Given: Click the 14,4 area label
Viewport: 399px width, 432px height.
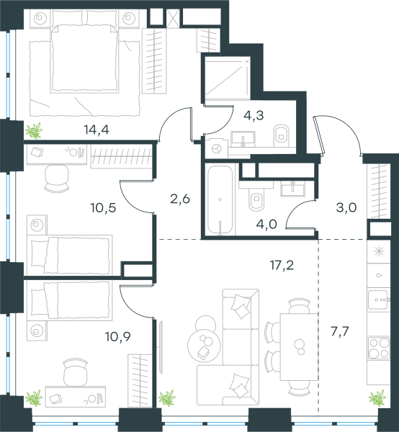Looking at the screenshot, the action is coord(97,129).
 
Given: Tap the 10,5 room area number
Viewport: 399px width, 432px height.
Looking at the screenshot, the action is coord(103,207).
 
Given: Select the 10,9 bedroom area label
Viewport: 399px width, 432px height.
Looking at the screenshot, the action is coord(118,336).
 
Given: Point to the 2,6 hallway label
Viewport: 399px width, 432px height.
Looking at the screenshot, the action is coord(180,199).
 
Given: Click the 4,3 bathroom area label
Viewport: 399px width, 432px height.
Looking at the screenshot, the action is coord(254,115).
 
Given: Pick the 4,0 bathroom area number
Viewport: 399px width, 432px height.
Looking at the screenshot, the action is coord(266,225).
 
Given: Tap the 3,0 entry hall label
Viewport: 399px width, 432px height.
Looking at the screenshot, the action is coord(346,207).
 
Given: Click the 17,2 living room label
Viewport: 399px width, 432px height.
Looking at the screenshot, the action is coord(282,265).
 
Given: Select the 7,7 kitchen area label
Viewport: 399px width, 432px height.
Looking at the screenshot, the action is coord(340,331).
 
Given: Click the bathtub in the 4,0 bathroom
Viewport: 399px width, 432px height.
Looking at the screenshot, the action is coord(220,200).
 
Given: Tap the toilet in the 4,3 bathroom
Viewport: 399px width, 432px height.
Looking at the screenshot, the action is coord(282,136).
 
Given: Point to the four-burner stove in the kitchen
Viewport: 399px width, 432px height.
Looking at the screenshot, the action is coord(379,348).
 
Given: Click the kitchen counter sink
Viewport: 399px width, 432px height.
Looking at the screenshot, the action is coord(379,300).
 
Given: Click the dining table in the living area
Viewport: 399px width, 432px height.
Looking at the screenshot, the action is coord(300,346).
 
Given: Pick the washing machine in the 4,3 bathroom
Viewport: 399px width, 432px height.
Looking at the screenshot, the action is coord(217,148).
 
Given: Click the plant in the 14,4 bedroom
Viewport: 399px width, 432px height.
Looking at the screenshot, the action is coord(34,130).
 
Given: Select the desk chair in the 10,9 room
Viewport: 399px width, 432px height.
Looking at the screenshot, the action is coord(76,372).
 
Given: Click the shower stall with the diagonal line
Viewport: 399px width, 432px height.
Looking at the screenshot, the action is coord(228,78).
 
